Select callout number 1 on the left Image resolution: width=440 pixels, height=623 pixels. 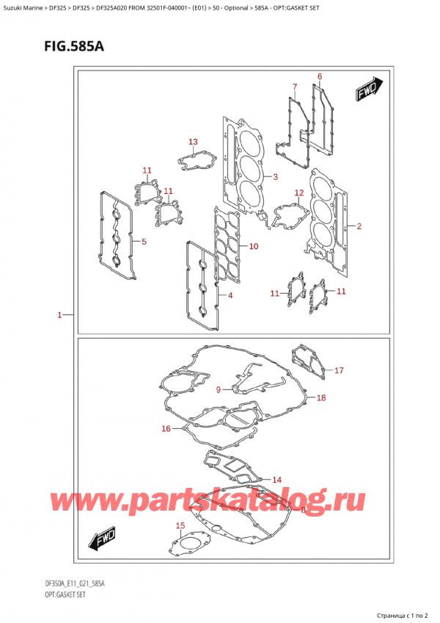(x=59, y=315)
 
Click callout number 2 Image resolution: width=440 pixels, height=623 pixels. (x=359, y=226)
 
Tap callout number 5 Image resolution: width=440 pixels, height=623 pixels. (x=144, y=241)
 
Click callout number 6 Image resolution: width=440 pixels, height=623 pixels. (x=320, y=76)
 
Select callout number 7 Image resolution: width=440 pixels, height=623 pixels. (x=294, y=87)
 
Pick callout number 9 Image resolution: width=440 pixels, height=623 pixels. (x=218, y=389)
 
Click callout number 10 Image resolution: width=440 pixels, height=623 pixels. (x=253, y=245)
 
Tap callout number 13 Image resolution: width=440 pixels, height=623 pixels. (x=193, y=142)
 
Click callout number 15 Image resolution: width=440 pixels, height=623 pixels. (x=180, y=525)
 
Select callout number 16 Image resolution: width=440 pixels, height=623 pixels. (x=166, y=428)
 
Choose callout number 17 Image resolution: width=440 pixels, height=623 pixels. (x=339, y=370)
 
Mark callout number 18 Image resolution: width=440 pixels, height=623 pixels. (x=320, y=397)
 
